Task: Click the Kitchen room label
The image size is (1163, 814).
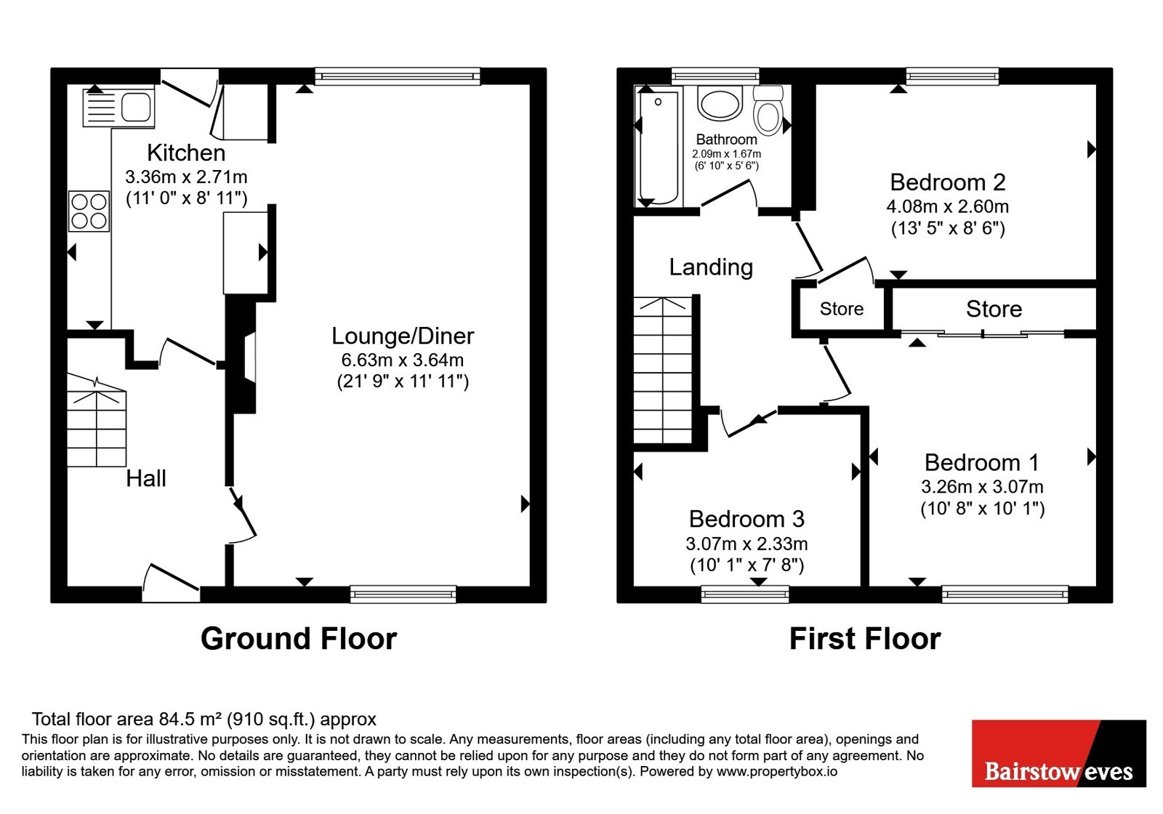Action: coord(186,153)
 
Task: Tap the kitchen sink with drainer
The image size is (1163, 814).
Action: coord(119,108)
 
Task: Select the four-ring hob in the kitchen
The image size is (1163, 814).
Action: coord(89,211)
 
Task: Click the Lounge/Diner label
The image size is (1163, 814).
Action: coord(403,336)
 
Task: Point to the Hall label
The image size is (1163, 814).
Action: coord(146,478)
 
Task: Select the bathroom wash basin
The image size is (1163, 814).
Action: coord(720,102)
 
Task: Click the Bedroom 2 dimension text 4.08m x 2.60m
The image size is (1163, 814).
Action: coord(948,206)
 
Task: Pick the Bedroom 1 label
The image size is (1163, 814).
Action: coord(982,462)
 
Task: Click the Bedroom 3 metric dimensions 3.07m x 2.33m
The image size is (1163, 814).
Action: coord(747,544)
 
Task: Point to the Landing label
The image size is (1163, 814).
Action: coord(711,267)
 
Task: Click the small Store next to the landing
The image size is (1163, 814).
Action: coord(842,309)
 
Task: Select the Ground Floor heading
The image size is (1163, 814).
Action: coord(299,639)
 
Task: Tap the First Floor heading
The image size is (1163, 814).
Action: coord(865,639)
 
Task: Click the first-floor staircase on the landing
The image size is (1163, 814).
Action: coord(664,370)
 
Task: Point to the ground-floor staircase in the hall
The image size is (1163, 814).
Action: coord(97,421)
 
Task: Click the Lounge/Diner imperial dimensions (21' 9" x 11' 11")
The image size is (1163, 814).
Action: coord(403,382)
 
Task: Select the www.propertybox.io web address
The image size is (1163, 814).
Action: coord(777,771)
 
